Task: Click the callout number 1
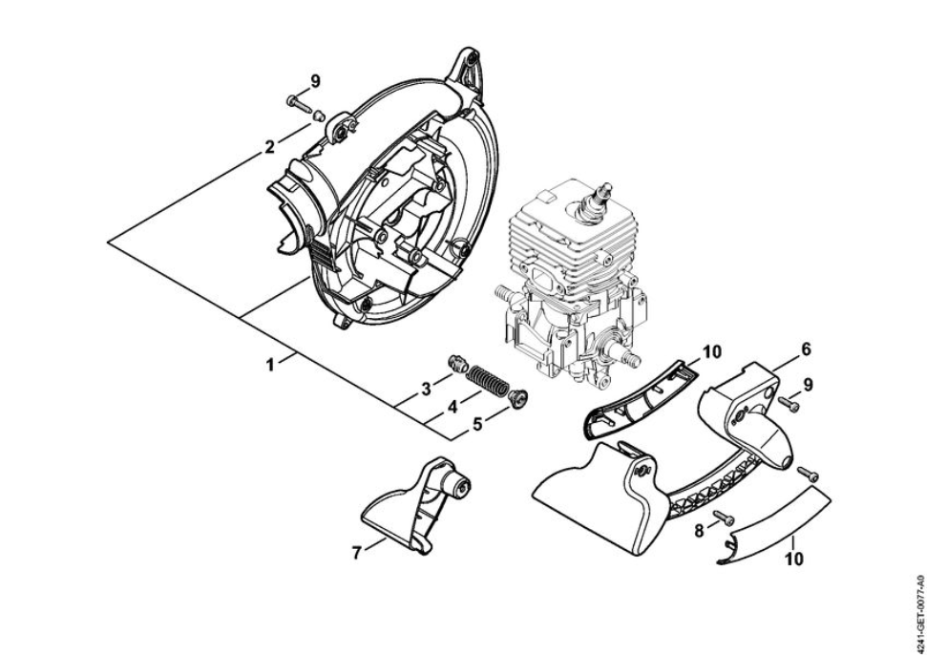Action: pyautogui.click(x=270, y=365)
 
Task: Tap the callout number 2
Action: pyautogui.click(x=270, y=147)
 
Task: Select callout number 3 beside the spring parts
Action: pyautogui.click(x=427, y=390)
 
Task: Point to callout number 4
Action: pyautogui.click(x=452, y=408)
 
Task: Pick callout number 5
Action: pyautogui.click(x=477, y=425)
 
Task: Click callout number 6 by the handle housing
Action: pyautogui.click(x=806, y=349)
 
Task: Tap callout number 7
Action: pyautogui.click(x=357, y=552)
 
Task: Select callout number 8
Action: pyautogui.click(x=700, y=531)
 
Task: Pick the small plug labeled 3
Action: pyautogui.click(x=459, y=365)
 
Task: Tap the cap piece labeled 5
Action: pyautogui.click(x=518, y=397)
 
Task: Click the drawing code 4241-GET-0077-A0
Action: pyautogui.click(x=920, y=611)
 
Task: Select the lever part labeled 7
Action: pyautogui.click(x=417, y=505)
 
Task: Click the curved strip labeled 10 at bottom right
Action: pyautogui.click(x=774, y=526)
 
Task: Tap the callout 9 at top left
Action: pyautogui.click(x=315, y=81)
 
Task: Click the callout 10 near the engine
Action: pyautogui.click(x=712, y=351)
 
